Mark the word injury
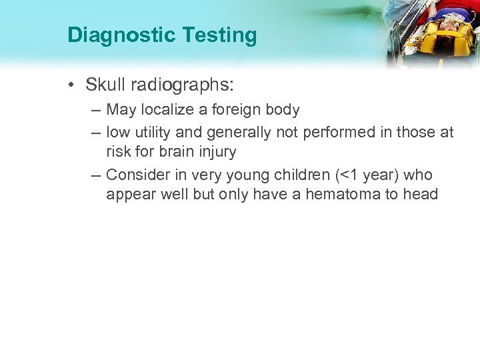point(214,152)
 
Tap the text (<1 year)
point(370,175)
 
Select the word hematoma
point(347,195)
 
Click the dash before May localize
point(98,109)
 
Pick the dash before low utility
point(98,133)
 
